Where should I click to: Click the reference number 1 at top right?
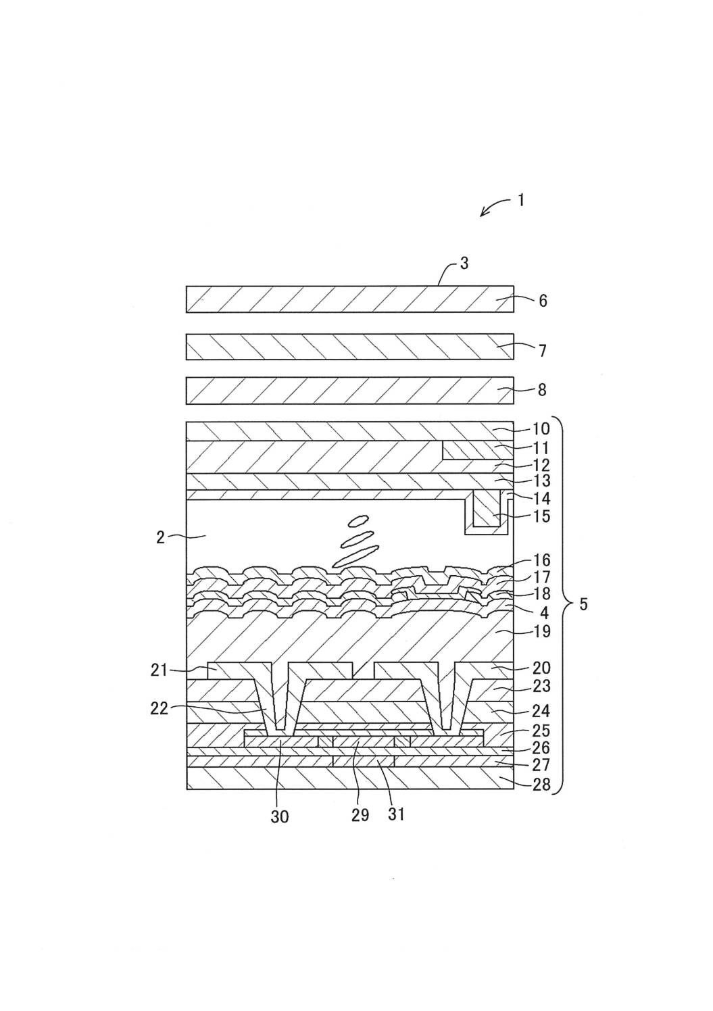point(521,200)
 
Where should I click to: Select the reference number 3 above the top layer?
point(464,263)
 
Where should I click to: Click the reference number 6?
point(543,301)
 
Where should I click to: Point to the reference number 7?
point(543,351)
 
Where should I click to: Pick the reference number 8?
point(542,390)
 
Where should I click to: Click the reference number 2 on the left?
point(160,538)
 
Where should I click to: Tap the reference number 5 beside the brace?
point(584,604)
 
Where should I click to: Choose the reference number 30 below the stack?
point(280,817)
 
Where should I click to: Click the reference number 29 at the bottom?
point(360,815)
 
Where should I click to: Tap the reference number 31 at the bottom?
point(396,815)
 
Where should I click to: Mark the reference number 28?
point(542,785)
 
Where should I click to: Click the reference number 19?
point(542,632)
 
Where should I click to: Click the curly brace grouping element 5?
point(565,604)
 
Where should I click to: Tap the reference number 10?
point(542,429)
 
